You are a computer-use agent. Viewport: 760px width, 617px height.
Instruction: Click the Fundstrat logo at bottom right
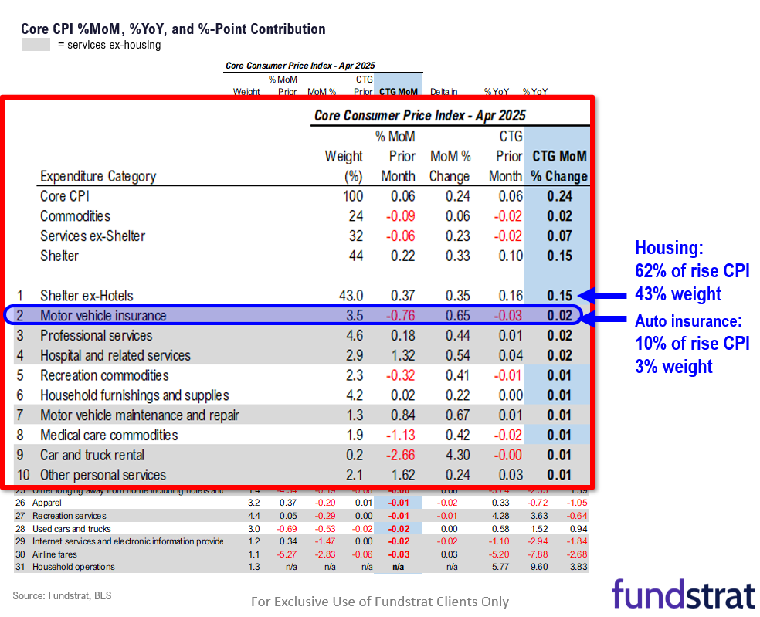click(683, 595)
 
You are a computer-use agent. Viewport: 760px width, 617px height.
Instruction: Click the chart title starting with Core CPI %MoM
click(173, 29)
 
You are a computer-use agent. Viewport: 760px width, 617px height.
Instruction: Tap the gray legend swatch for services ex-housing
click(36, 45)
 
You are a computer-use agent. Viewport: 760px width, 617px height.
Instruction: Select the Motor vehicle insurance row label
click(103, 315)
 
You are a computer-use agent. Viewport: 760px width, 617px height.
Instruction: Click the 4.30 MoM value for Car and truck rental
click(456, 455)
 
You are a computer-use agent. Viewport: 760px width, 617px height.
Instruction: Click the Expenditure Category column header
click(97, 177)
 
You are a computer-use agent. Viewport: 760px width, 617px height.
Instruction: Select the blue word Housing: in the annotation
click(669, 248)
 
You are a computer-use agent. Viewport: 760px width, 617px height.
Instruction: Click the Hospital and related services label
click(115, 355)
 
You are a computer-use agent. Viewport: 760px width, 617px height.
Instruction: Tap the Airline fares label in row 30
click(54, 554)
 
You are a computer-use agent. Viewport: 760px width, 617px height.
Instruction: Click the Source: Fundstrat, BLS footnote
click(56, 595)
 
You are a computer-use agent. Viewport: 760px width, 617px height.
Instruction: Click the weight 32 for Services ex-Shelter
click(355, 236)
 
